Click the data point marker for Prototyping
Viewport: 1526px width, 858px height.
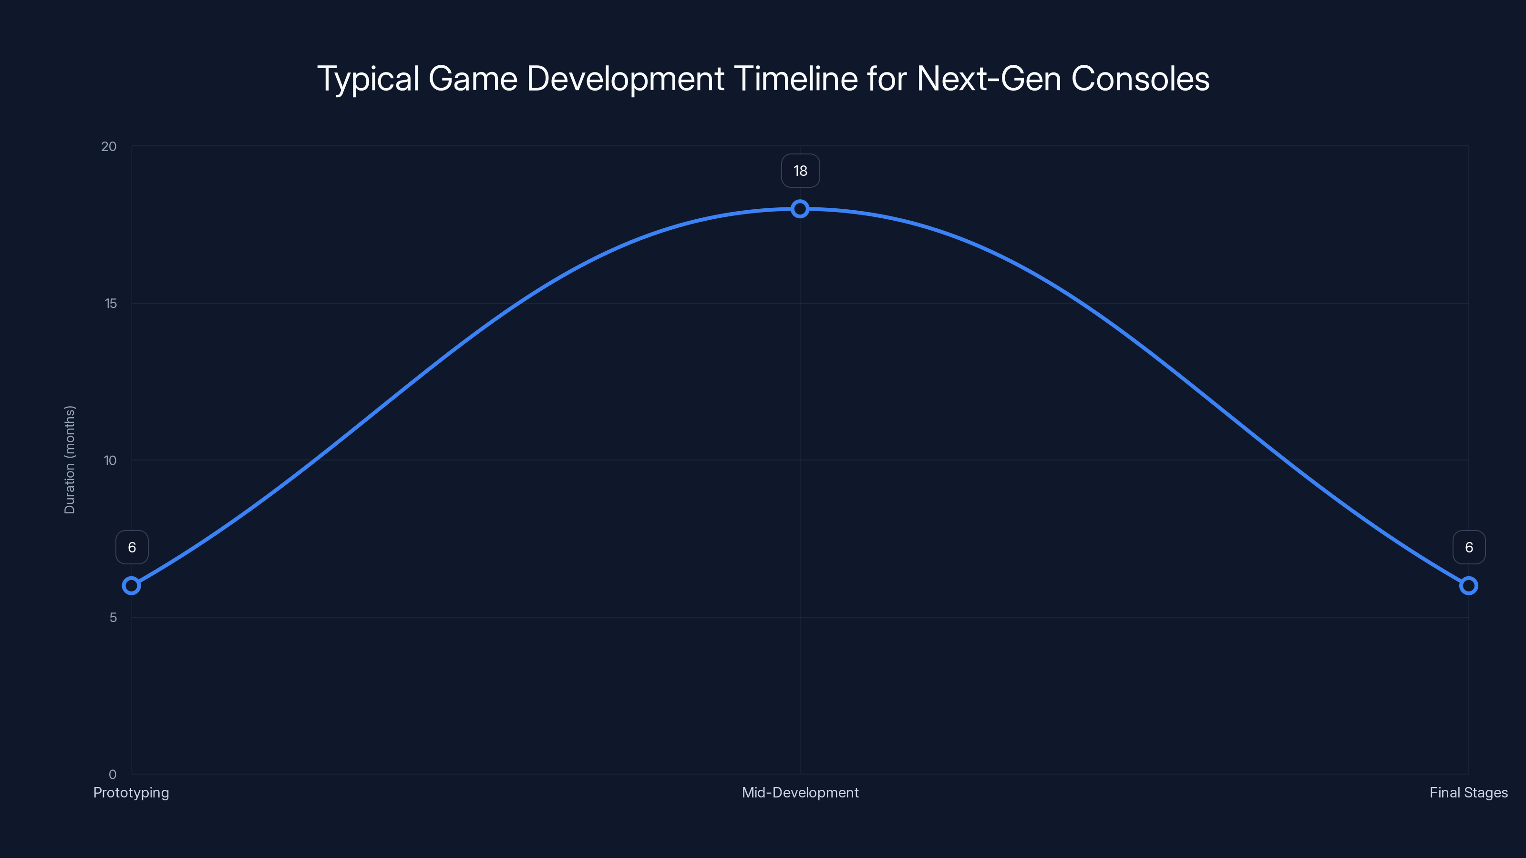click(132, 586)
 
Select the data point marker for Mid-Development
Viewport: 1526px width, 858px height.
click(800, 208)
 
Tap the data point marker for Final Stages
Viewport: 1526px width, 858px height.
click(1469, 586)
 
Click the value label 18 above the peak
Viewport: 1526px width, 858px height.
click(800, 171)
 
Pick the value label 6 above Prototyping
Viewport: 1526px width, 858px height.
click(132, 547)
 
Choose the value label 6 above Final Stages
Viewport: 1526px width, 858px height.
click(1469, 547)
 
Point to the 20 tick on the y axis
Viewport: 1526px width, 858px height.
click(109, 146)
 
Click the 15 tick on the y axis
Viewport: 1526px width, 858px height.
click(110, 303)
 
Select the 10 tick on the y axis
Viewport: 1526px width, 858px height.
click(110, 460)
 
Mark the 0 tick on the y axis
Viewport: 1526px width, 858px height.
click(113, 774)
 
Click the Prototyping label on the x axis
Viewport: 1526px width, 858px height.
click(131, 792)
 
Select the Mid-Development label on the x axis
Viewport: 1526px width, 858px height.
click(800, 792)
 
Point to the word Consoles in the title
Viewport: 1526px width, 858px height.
click(1140, 79)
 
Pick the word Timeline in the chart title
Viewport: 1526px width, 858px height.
click(795, 79)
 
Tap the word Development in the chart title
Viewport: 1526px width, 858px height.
click(625, 79)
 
